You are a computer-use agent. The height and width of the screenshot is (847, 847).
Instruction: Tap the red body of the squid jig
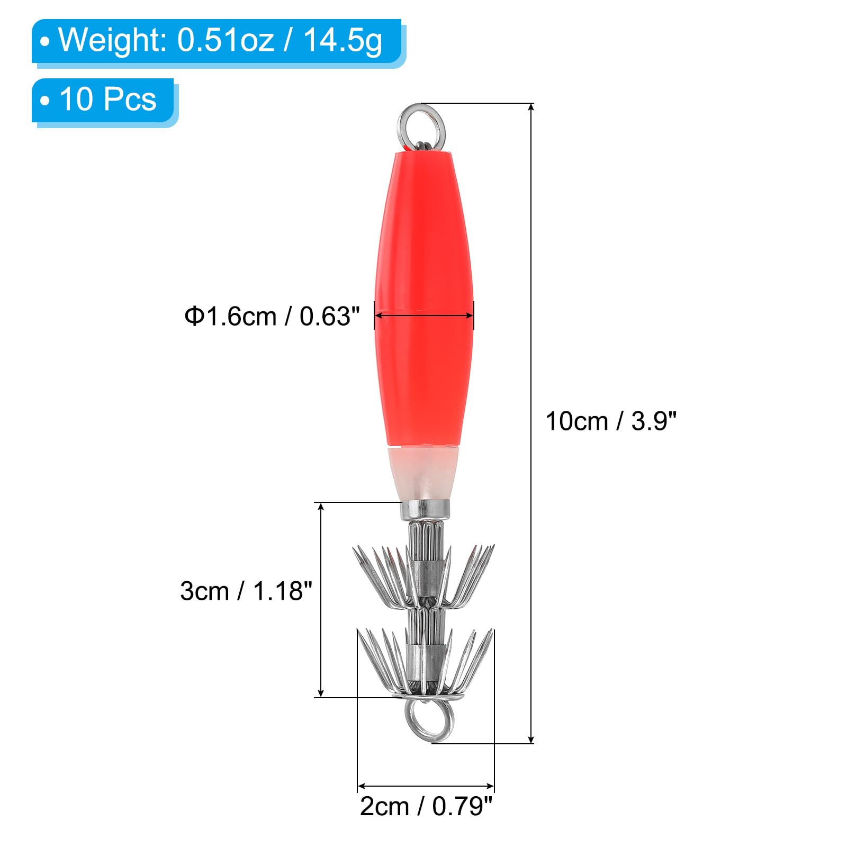pos(424,296)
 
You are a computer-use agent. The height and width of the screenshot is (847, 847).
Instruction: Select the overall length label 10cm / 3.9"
pos(611,422)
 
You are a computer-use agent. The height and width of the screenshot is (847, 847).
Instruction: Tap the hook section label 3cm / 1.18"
pos(246,591)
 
